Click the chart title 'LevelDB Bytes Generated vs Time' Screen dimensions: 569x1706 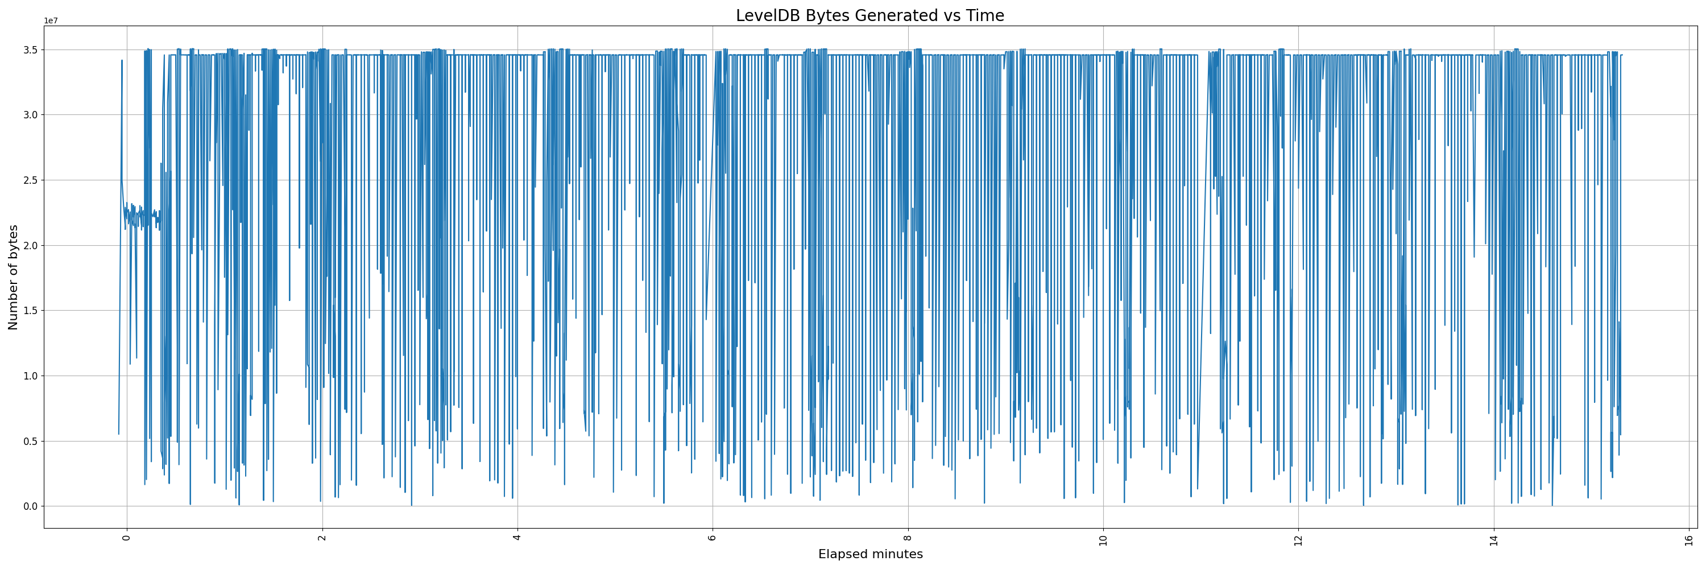click(x=869, y=15)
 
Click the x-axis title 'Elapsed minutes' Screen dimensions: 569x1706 click(x=870, y=554)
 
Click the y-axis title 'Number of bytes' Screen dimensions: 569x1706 click(x=13, y=277)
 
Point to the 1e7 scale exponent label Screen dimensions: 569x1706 click(x=51, y=20)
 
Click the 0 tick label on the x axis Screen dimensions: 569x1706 click(x=127, y=537)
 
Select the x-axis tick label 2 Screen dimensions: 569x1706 click(x=322, y=537)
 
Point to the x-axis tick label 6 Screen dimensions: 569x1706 click(x=713, y=537)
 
